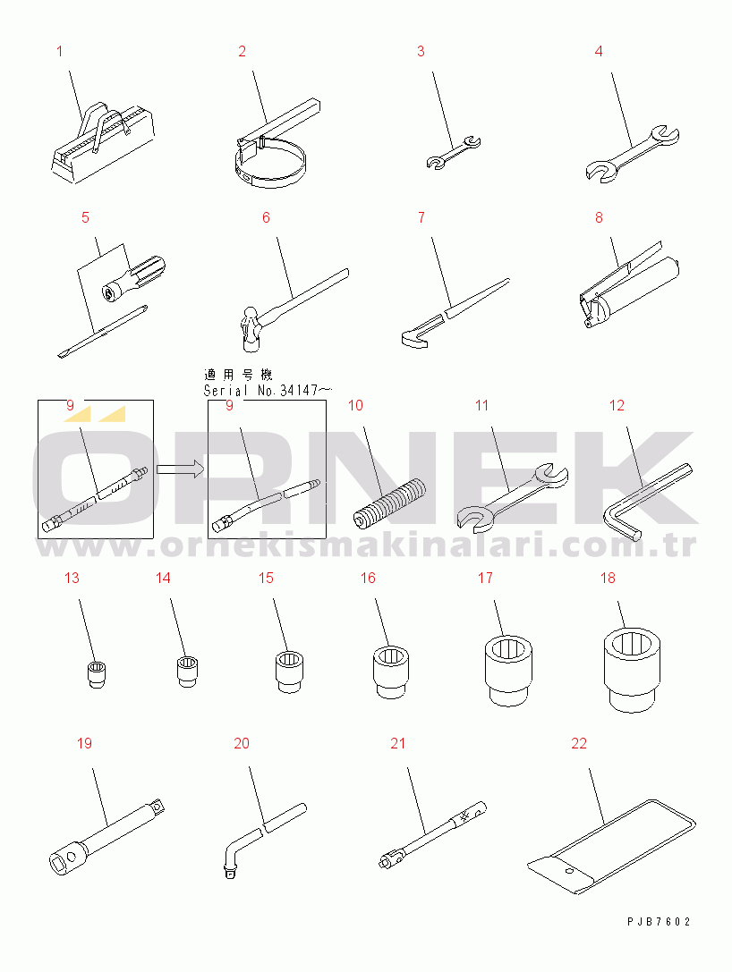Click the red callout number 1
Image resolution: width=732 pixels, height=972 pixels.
pyautogui.click(x=60, y=52)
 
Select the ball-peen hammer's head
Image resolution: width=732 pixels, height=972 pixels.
pyautogui.click(x=251, y=325)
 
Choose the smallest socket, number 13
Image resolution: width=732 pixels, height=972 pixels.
pyautogui.click(x=96, y=674)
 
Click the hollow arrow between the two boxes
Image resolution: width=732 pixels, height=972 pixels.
pyautogui.click(x=180, y=469)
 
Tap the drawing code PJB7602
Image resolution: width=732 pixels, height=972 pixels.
pyautogui.click(x=659, y=922)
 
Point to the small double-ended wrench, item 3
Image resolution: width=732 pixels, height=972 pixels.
pyautogui.click(x=454, y=153)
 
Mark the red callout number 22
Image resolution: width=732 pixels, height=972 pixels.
pyautogui.click(x=579, y=743)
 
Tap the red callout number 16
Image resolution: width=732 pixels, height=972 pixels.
pyautogui.click(x=368, y=578)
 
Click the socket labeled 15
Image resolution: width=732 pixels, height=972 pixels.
pyautogui.click(x=288, y=672)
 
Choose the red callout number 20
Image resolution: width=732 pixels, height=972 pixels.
pyautogui.click(x=242, y=743)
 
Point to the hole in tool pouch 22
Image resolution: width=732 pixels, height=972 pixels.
pyautogui.click(x=568, y=871)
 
